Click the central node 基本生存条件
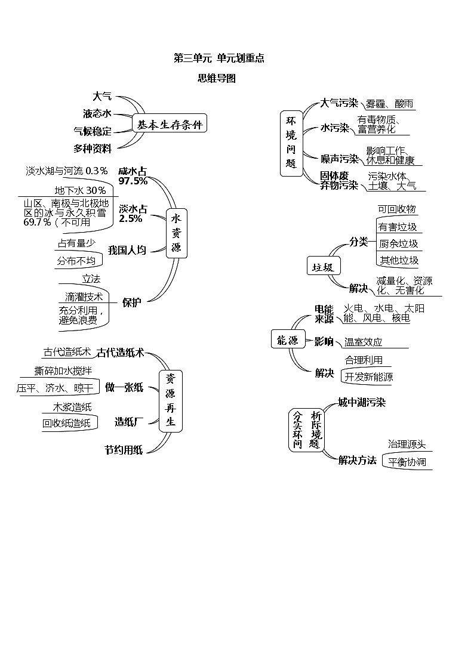click(170, 125)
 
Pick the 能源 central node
click(287, 341)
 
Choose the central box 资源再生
click(170, 400)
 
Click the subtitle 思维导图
click(217, 78)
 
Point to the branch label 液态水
click(97, 113)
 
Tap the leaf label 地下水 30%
click(80, 190)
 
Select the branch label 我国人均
click(127, 250)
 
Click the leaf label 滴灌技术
click(84, 297)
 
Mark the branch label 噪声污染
click(339, 159)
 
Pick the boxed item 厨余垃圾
click(398, 243)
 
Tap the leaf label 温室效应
click(363, 342)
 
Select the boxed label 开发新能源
click(368, 376)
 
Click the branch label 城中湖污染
click(361, 402)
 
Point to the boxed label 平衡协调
click(407, 462)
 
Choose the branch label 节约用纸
click(124, 450)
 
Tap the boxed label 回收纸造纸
click(66, 423)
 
